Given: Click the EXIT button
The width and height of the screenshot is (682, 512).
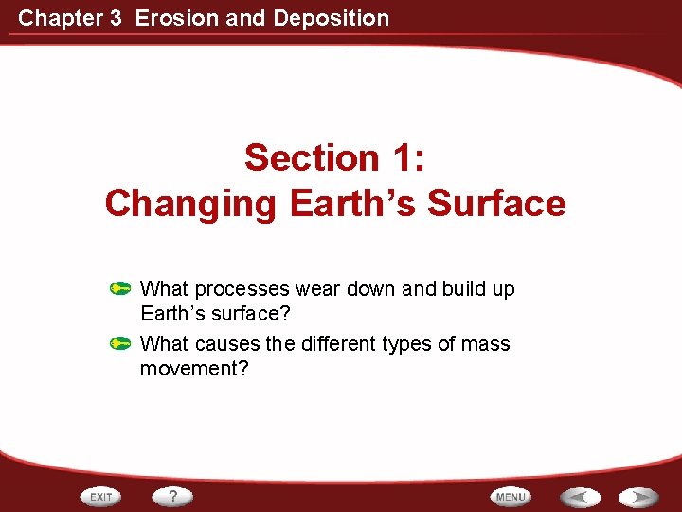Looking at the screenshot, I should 102,497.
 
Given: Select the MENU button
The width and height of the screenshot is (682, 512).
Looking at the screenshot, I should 511,497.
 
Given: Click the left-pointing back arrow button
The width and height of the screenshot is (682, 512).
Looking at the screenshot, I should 579,497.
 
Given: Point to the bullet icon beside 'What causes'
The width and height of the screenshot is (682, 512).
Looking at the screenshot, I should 119,344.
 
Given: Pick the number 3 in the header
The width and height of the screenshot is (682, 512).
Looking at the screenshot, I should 116,17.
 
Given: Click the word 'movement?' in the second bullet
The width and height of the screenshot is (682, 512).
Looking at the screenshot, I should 194,368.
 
